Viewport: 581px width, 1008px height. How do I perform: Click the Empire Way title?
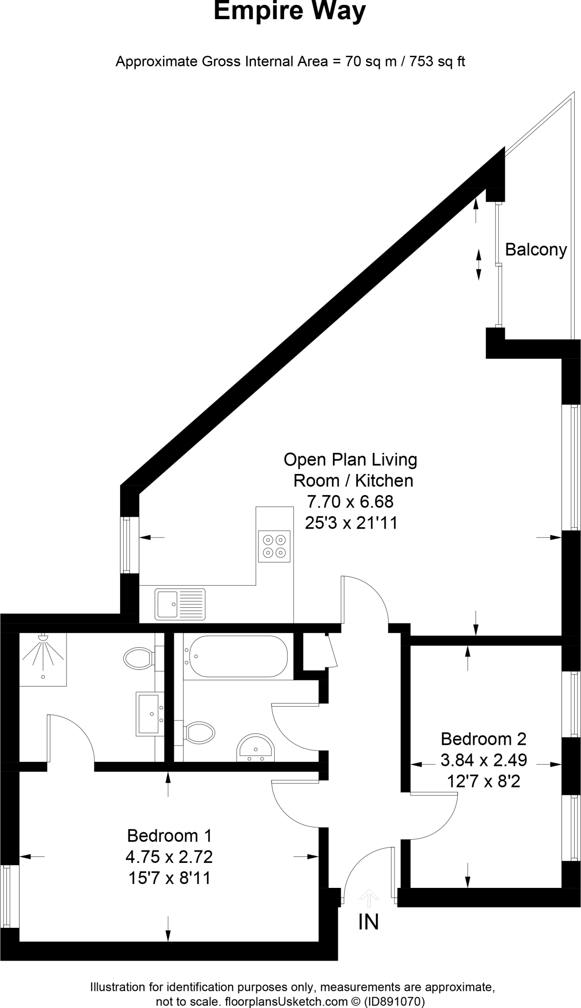[x=290, y=12]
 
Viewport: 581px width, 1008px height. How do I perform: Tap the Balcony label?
[x=536, y=250]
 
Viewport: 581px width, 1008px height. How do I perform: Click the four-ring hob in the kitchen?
[x=274, y=546]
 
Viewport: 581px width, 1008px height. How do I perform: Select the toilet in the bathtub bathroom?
[x=199, y=732]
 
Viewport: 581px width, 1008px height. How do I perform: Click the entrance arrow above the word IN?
[x=369, y=896]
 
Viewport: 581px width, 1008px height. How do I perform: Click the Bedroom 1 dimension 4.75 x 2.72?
[x=169, y=857]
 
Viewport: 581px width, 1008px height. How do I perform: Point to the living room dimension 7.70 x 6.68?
[x=350, y=502]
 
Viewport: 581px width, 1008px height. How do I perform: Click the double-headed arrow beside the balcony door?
[x=478, y=264]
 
